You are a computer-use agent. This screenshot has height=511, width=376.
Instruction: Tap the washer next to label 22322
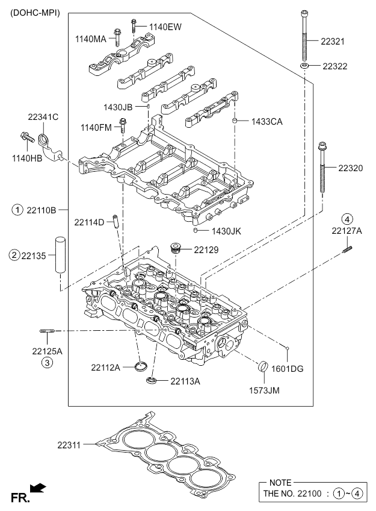coord(306,65)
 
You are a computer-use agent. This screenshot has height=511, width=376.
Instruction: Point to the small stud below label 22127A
coord(347,248)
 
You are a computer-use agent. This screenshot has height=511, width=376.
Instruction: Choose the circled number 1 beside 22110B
coord(18,210)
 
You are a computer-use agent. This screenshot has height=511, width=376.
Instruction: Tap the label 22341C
coord(43,117)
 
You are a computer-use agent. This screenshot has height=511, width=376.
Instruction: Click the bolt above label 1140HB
coord(28,137)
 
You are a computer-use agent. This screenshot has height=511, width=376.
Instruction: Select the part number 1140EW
coord(165,27)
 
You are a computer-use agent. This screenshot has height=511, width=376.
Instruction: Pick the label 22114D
coord(90,222)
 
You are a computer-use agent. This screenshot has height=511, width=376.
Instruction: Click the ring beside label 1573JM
coord(264,366)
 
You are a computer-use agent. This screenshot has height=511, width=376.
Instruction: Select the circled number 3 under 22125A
coord(46,362)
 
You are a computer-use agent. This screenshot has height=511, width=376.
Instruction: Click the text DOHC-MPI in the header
coord(35,12)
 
